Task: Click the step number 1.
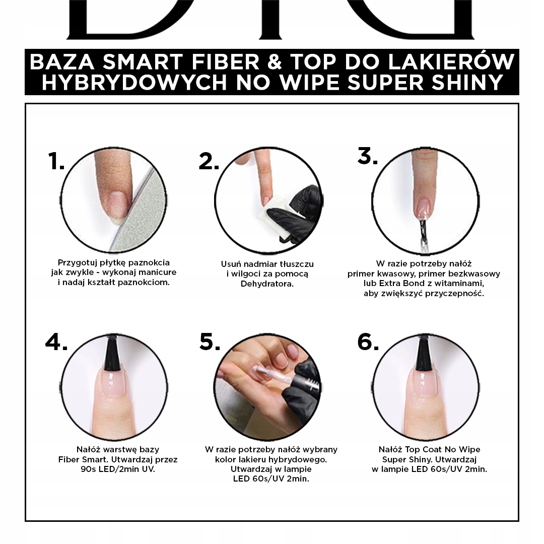56,161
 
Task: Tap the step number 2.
209,161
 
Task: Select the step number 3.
368,156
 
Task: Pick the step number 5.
210,342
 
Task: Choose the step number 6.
368,342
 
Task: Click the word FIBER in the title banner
226,62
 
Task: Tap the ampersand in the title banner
275,62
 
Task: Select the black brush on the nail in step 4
112,353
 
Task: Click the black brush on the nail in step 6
424,353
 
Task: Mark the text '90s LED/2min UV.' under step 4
118,469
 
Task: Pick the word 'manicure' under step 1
158,273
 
